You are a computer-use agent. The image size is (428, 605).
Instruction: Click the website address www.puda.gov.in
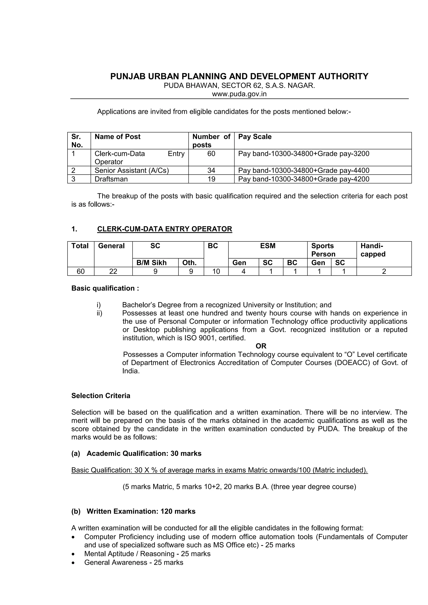point(239,94)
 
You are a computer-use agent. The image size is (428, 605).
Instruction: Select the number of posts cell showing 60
point(211,154)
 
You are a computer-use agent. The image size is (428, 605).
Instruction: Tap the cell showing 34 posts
point(211,170)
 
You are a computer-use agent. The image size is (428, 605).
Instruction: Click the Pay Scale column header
point(255,137)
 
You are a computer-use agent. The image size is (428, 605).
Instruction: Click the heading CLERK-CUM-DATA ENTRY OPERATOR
point(164,229)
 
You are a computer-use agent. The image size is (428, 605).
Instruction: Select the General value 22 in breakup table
point(113,271)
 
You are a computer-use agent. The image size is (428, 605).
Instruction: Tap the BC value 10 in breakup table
point(216,271)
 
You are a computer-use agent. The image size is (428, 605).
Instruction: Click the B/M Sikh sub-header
point(151,263)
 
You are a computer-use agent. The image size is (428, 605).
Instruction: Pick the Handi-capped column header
point(373,250)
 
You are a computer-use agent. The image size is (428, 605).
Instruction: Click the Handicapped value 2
point(384,271)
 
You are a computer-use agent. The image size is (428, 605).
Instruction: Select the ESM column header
point(268,246)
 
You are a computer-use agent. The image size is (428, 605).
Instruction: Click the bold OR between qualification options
point(261,346)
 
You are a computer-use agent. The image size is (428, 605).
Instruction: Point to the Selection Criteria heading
point(101,396)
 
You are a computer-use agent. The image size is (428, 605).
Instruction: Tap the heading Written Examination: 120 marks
point(141,511)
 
